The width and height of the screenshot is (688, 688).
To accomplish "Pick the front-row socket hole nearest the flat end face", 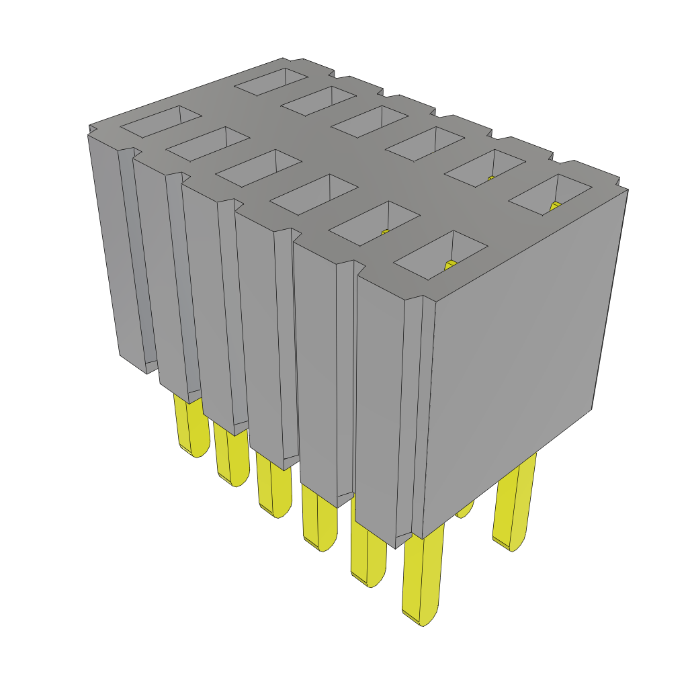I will pos(441,255).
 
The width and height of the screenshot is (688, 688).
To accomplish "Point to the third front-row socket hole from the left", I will pos(257,168).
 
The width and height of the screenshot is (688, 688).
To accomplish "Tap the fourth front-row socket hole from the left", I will pos(313,195).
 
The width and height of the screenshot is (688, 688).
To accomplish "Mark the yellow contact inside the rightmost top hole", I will pos(554,206).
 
